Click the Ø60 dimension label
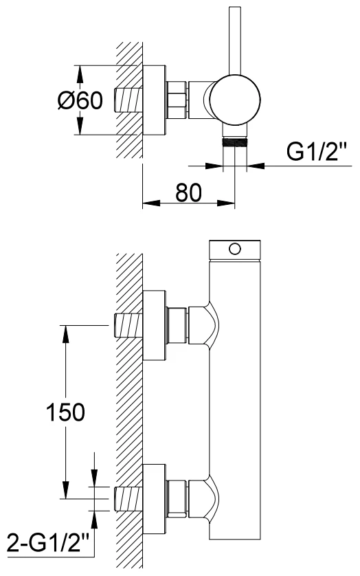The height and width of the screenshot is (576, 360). pos(80,100)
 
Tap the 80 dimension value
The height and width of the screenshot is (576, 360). pos(188,192)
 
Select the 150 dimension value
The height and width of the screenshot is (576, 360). pos(65,412)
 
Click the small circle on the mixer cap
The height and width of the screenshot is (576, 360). pos(234,249)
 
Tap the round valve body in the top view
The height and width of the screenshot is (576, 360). pos(235,100)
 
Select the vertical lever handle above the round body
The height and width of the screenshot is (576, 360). pos(235,41)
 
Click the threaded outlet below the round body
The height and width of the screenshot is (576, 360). pos(235,142)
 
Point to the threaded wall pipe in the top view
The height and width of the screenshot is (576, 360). pos(128,100)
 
